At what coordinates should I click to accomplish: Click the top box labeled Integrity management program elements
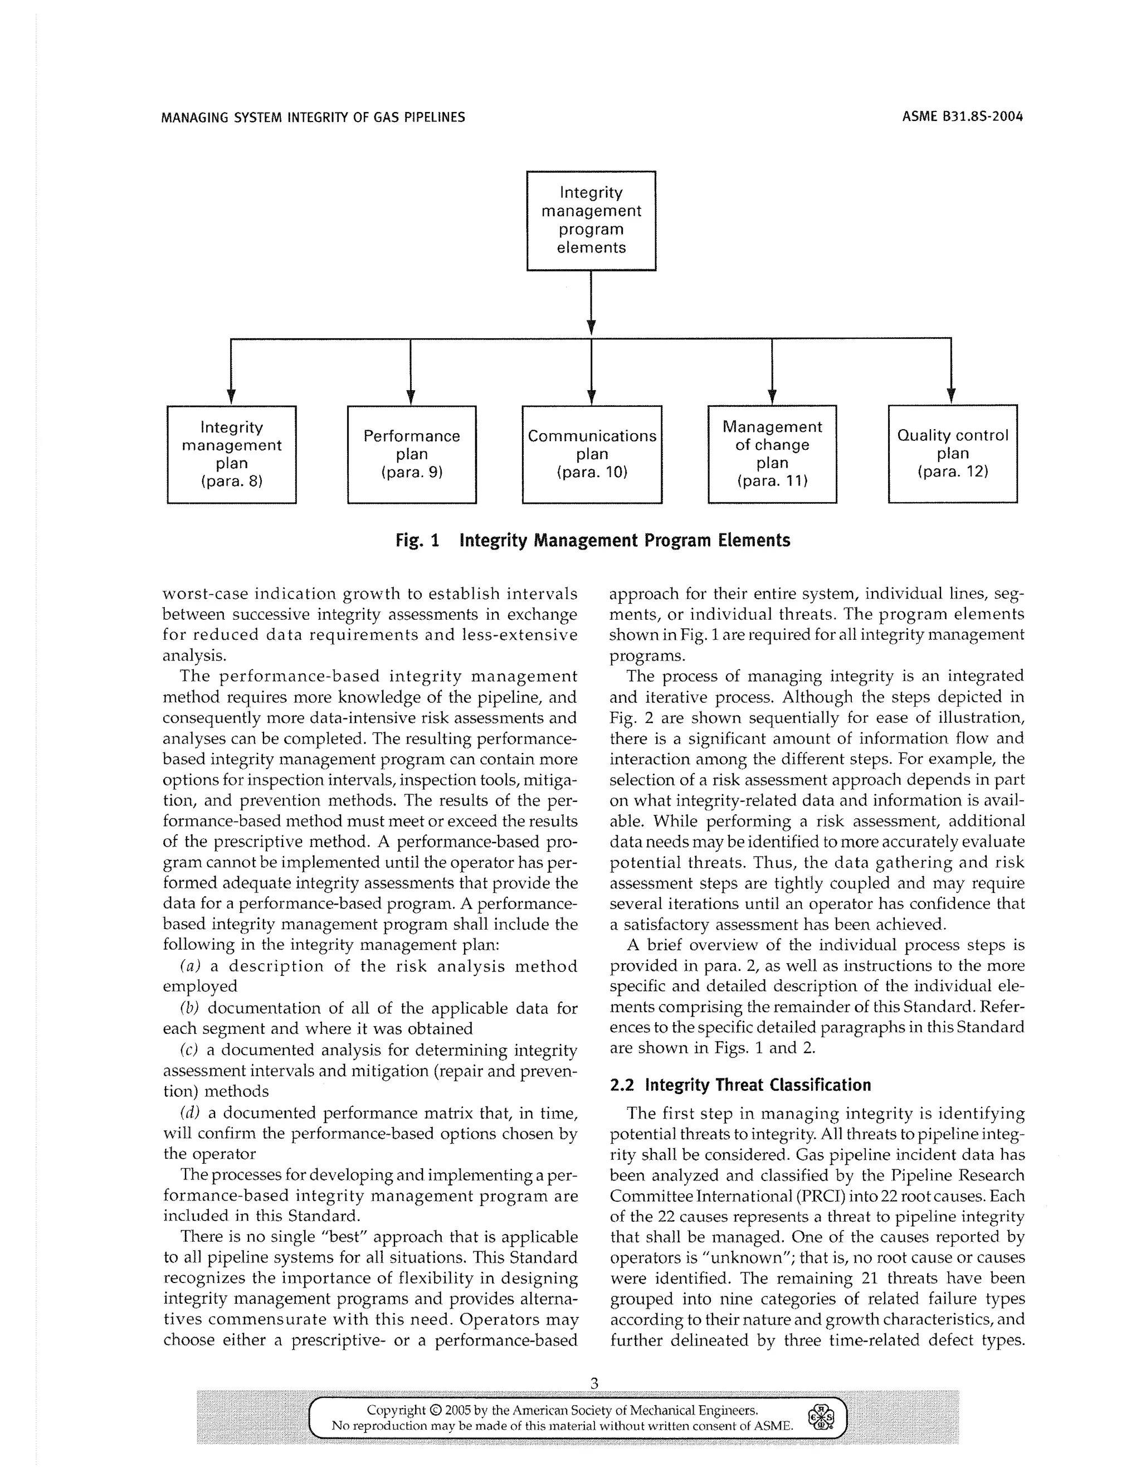[x=591, y=221]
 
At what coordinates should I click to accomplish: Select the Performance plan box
[x=411, y=454]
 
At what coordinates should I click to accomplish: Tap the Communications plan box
[x=592, y=454]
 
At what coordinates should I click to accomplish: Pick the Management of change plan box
[x=772, y=454]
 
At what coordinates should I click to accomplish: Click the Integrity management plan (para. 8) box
[x=231, y=454]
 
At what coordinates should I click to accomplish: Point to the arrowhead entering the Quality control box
[x=951, y=396]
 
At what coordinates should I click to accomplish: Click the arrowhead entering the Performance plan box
[x=410, y=397]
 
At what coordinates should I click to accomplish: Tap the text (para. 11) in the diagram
[x=772, y=482]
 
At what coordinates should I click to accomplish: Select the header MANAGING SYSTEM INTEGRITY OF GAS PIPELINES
[x=313, y=117]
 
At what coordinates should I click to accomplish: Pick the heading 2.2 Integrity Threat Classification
[x=740, y=1085]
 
